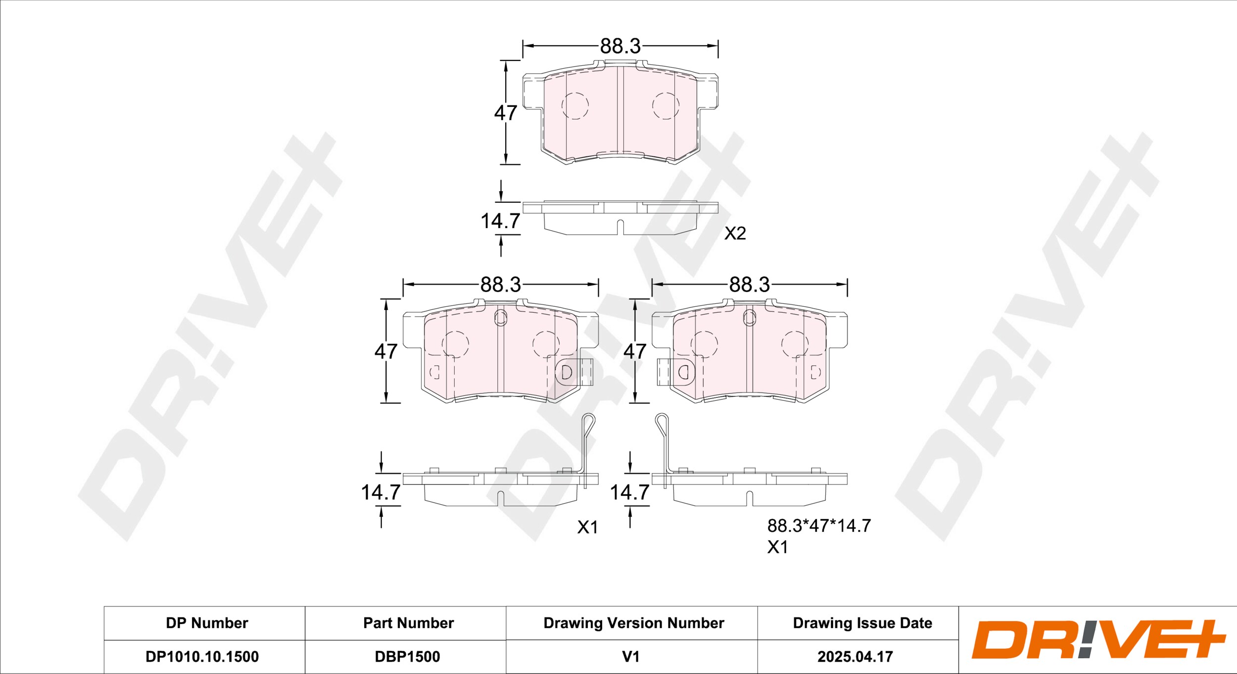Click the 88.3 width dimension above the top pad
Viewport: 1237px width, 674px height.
coord(620,46)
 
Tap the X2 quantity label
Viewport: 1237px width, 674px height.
coord(735,233)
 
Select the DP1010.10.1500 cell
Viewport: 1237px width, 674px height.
coord(202,657)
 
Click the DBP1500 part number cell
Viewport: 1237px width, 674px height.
coord(407,657)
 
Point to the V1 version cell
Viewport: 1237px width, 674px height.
coord(631,657)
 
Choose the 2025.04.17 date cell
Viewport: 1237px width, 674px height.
coord(855,657)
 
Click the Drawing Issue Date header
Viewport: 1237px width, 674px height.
coord(862,623)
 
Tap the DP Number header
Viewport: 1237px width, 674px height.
coord(207,623)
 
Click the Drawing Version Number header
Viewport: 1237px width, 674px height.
coord(633,623)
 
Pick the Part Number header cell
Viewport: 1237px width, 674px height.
coord(408,623)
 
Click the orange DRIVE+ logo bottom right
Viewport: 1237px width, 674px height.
coord(1098,639)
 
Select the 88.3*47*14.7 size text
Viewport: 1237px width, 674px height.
coord(819,526)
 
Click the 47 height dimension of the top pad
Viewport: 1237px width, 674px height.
coord(505,113)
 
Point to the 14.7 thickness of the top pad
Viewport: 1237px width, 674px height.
coord(500,221)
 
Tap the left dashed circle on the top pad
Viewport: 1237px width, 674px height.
coord(575,105)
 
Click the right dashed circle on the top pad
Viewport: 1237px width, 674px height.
coord(665,105)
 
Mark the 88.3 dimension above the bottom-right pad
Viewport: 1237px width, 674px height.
coord(749,285)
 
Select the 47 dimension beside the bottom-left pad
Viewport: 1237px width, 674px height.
coord(385,351)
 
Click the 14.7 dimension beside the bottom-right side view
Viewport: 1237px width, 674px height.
coord(629,492)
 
